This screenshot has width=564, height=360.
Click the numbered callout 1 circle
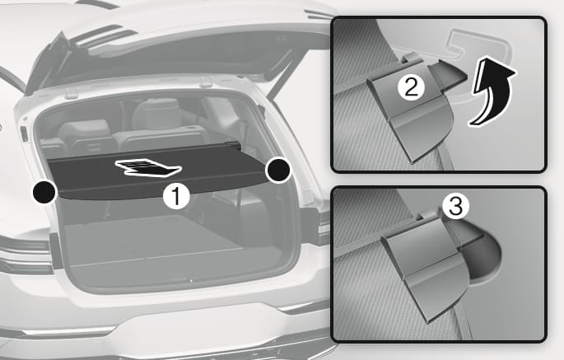coord(176,197)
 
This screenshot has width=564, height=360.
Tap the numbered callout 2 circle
coord(411,87)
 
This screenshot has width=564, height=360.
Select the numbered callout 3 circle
coord(455,207)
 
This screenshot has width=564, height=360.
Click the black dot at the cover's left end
coord(44,191)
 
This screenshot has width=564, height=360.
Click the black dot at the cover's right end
coord(277,170)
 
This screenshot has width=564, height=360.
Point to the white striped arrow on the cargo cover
coord(147,168)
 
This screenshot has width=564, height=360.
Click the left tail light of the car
coord(26,256)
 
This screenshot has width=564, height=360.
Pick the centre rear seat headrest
coord(156,114)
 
